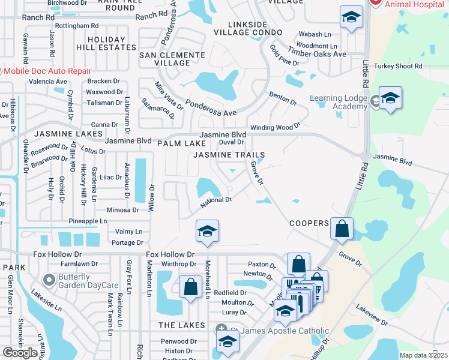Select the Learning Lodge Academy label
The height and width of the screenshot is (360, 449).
[339, 103]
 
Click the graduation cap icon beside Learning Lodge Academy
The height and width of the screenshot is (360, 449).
[390, 98]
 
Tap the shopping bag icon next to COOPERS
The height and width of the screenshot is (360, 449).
[342, 229]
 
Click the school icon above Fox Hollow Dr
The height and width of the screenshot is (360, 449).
[206, 232]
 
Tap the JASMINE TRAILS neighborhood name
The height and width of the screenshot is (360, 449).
[229, 155]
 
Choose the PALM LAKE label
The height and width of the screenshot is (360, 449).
[178, 144]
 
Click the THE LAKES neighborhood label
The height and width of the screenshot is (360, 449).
[182, 325]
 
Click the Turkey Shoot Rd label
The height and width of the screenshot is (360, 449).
[398, 66]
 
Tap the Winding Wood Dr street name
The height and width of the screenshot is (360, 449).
[275, 127]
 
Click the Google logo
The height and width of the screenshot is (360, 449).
[20, 353]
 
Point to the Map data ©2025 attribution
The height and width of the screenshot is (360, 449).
[423, 355]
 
